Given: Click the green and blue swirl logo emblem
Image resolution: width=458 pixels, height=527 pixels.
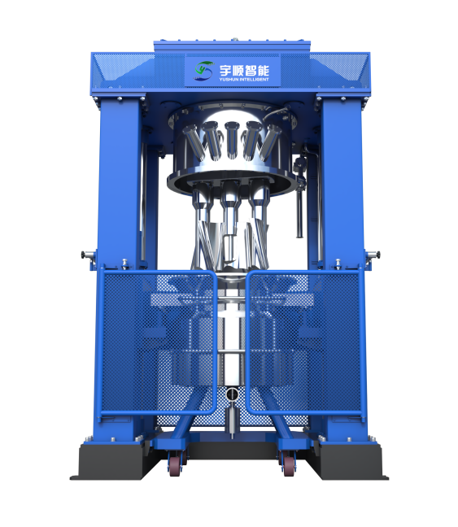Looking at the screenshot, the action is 204,71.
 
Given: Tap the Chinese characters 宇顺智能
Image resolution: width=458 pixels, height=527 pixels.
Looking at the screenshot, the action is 245,70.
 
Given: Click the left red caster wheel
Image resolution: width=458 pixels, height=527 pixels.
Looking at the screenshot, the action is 176,464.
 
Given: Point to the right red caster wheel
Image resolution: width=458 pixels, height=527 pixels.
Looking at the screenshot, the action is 288,464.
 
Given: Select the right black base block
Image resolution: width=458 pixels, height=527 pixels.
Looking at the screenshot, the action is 350,461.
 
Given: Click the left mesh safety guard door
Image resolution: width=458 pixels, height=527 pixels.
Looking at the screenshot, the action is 159,343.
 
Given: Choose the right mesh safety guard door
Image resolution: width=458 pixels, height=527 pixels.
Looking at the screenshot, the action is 305,343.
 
